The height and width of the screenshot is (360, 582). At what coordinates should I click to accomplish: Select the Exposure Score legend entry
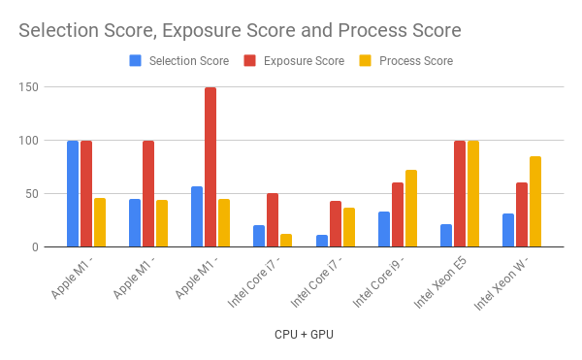[x=302, y=61]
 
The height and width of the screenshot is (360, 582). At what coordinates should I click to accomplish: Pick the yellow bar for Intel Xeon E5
[x=473, y=194]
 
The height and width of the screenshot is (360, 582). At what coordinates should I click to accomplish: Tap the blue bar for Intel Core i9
[x=384, y=229]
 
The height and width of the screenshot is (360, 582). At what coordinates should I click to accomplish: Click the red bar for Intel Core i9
[x=398, y=214]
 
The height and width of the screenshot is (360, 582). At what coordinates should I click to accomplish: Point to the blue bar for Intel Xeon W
[x=508, y=230]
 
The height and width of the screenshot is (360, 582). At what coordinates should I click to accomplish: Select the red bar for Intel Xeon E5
[x=460, y=194]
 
